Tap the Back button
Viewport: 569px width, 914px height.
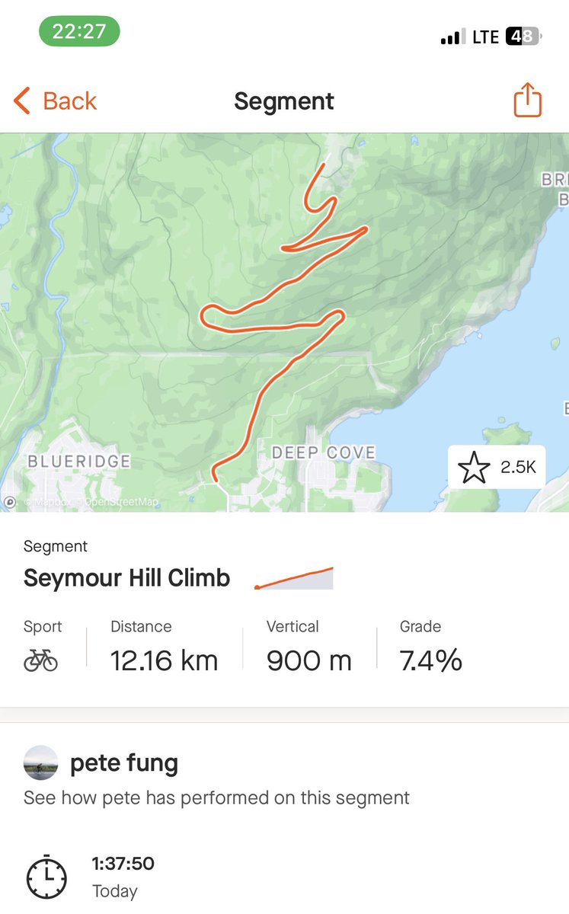click(x=55, y=101)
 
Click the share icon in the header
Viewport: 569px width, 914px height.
click(x=527, y=101)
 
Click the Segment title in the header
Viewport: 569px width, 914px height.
click(x=284, y=101)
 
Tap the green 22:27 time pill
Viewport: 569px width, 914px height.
click(x=79, y=32)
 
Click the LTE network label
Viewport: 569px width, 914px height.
click(x=485, y=37)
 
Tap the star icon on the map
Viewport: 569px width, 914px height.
click(x=475, y=467)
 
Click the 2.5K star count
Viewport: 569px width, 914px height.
click(x=518, y=468)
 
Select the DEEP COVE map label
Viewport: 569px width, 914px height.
click(x=324, y=453)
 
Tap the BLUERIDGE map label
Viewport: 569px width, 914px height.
click(x=79, y=461)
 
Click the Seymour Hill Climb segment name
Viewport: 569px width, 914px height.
click(x=126, y=578)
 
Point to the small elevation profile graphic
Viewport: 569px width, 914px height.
click(x=294, y=578)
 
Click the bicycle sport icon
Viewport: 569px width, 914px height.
click(x=40, y=660)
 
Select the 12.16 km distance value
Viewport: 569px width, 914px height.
click(x=164, y=660)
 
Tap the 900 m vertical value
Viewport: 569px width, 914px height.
click(x=308, y=660)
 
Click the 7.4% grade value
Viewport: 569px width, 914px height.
click(x=430, y=660)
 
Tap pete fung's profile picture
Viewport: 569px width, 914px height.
click(x=40, y=762)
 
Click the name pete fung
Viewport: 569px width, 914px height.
click(x=124, y=763)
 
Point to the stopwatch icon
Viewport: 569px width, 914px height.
click(x=46, y=877)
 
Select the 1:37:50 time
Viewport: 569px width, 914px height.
click(x=123, y=864)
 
